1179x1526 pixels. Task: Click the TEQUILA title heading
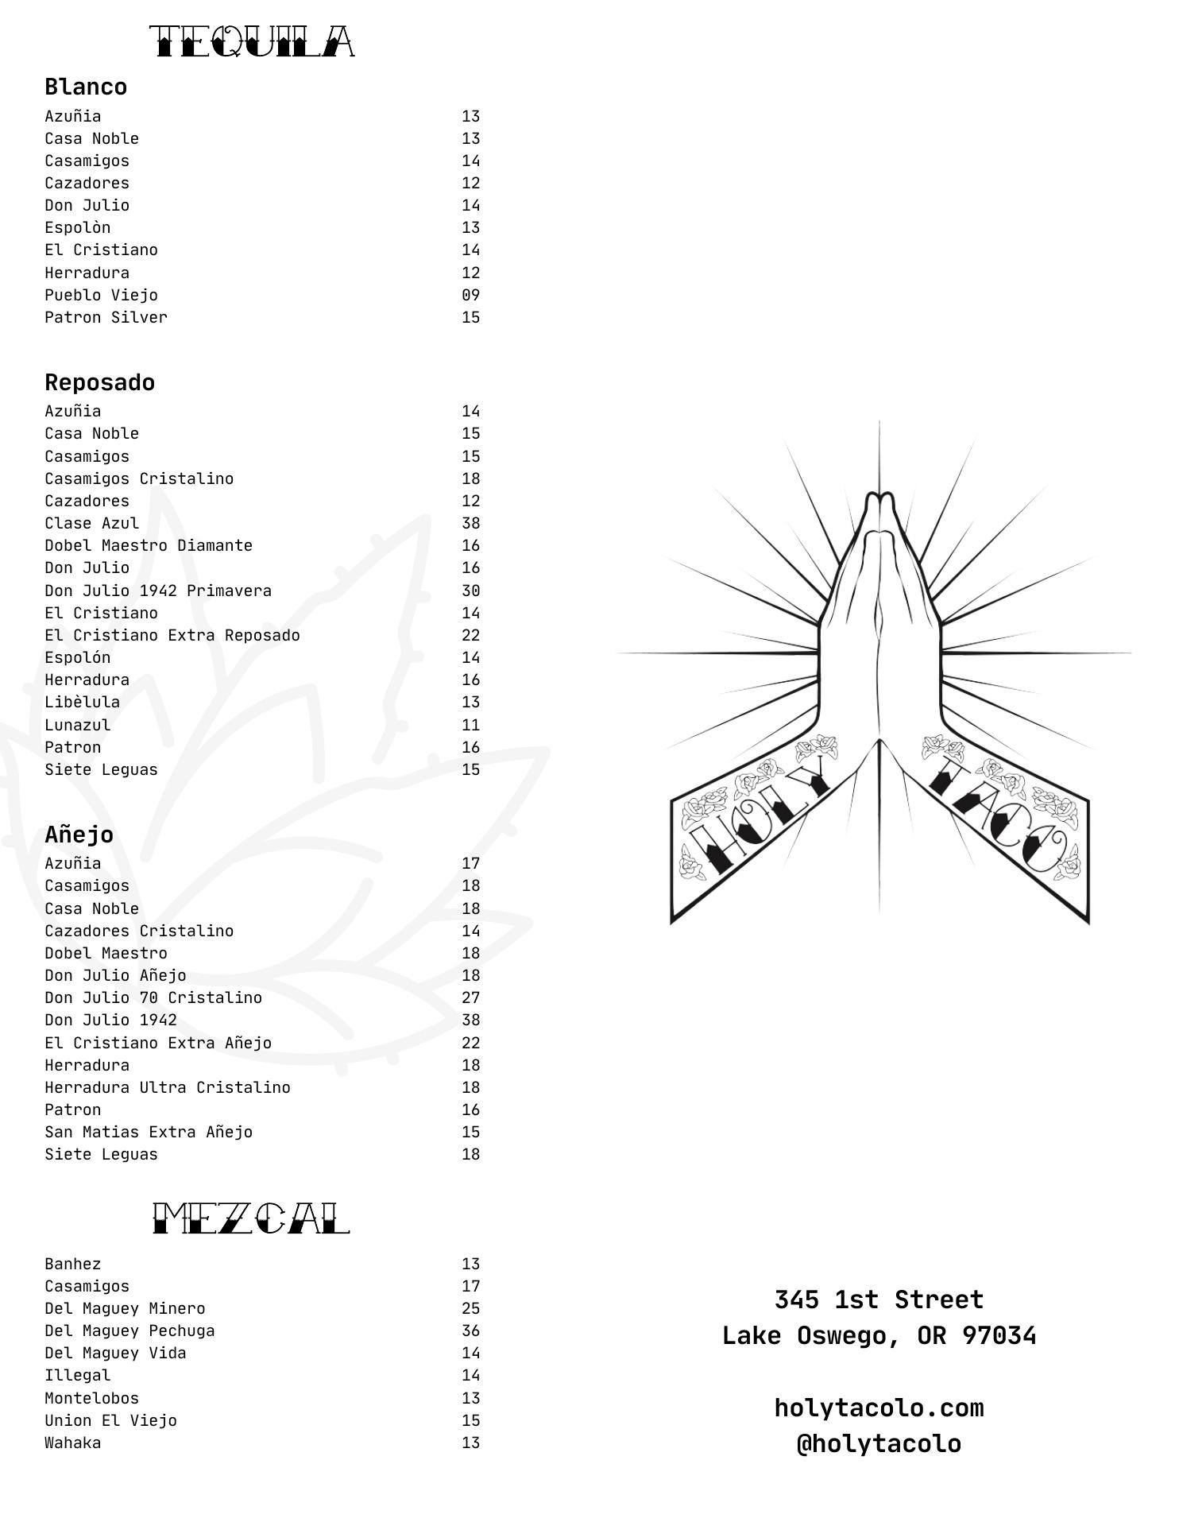[252, 42]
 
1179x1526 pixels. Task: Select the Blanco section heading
[86, 87]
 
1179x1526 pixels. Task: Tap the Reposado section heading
[99, 382]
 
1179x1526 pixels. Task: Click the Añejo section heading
[79, 835]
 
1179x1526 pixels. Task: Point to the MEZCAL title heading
[251, 1218]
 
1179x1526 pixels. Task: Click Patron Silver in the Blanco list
[106, 317]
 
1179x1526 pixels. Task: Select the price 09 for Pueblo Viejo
[470, 295]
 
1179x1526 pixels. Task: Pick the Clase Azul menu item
[91, 523]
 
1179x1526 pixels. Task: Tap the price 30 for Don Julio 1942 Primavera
[470, 591]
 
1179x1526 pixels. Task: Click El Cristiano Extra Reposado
[172, 635]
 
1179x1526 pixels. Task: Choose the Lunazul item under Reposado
[78, 725]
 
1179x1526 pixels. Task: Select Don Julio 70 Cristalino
[153, 997]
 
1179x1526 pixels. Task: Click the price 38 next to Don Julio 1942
[470, 1020]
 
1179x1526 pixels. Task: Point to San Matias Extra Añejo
[149, 1132]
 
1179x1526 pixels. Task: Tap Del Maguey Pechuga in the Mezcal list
[129, 1330]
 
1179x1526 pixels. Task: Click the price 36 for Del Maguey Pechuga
[470, 1330]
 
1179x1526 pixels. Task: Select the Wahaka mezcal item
[73, 1443]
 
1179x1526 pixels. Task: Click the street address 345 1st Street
[879, 1299]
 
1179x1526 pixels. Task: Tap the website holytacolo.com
[879, 1408]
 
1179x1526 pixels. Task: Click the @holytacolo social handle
[879, 1443]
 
